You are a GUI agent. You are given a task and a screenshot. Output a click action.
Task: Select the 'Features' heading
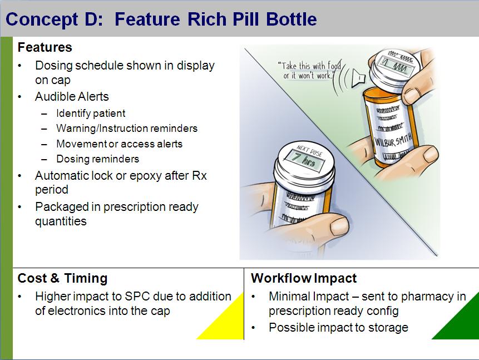click(x=45, y=47)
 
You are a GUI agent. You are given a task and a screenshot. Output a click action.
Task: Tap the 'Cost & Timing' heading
click(x=62, y=278)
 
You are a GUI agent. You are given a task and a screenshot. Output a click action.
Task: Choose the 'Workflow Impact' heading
click(x=304, y=278)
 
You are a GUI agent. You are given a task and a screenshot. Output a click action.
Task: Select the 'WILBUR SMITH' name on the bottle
click(x=393, y=140)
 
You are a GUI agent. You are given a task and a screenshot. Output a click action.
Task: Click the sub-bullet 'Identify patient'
click(x=91, y=114)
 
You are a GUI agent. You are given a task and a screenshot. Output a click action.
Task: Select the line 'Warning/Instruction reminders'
click(x=126, y=129)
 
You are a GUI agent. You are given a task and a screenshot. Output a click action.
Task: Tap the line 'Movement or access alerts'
click(x=119, y=144)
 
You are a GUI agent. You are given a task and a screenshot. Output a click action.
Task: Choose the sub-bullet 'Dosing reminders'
click(x=97, y=159)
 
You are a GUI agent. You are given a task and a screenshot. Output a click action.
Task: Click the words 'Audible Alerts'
click(x=72, y=97)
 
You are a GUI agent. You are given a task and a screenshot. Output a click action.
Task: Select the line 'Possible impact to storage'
click(x=338, y=328)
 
